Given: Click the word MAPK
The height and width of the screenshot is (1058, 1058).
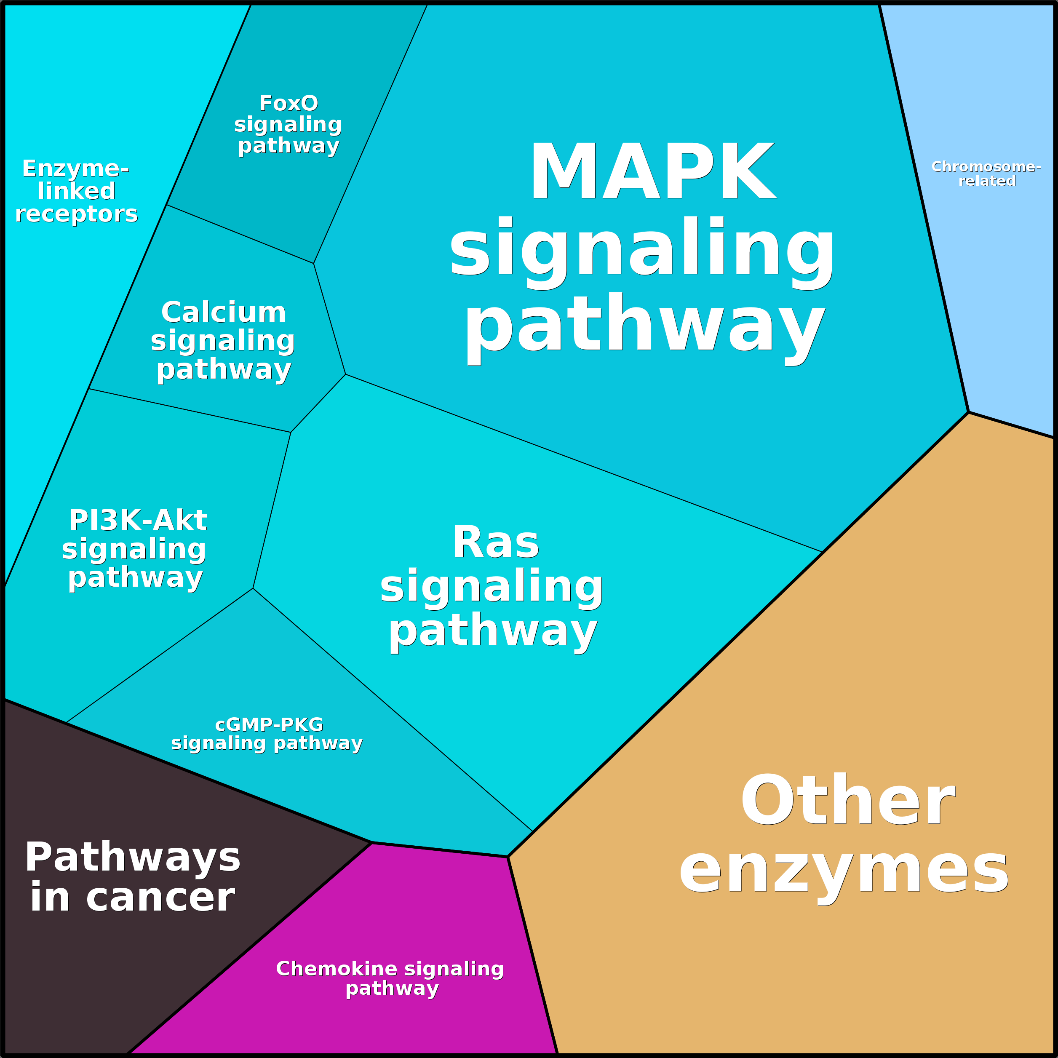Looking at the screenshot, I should pos(652,171).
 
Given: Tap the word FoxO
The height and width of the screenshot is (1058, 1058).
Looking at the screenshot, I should pos(289,103).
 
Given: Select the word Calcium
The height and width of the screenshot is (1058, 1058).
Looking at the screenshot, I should pos(223,312).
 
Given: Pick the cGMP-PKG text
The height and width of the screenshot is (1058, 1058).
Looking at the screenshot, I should pos(269,724).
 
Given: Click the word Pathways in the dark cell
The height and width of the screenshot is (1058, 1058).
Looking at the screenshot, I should pos(133,857).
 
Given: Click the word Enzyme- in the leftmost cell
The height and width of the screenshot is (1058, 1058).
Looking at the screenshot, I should pos(75,168).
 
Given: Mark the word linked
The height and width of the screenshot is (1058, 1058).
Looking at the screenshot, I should pos(77,190).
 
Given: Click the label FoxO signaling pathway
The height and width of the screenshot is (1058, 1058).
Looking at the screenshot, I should pos(289,124).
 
